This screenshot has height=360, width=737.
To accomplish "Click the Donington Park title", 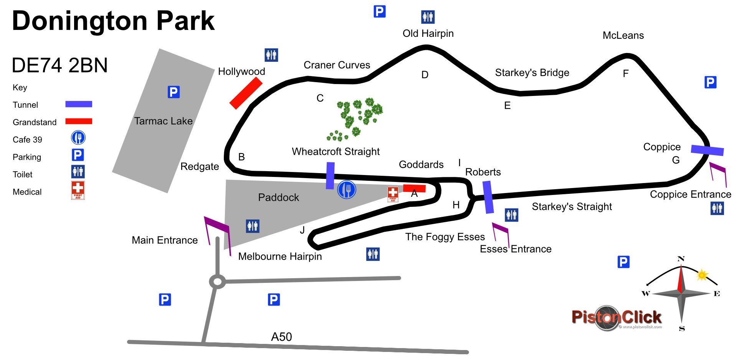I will point(113,21).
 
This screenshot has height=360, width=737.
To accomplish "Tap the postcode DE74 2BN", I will point(60,65).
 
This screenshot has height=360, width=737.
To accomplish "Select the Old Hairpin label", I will point(428,33).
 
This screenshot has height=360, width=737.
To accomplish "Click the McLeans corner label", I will point(623,35).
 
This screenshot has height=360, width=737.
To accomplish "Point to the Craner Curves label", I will point(337,65).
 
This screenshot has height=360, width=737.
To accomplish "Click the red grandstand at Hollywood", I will point(246,93).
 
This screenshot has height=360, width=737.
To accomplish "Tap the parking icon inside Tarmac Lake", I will point(174,92).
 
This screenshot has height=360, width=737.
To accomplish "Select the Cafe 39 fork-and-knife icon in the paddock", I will point(347,190).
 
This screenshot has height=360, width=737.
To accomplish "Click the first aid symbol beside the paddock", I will point(393,194).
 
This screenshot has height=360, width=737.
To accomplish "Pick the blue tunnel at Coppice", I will point(707,150).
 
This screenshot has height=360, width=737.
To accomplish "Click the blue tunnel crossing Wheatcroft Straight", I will point(330,175).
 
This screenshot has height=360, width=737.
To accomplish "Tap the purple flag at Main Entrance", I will point(217,230).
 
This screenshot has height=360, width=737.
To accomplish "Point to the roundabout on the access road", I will point(217,282).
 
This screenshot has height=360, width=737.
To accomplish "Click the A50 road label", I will point(281,337).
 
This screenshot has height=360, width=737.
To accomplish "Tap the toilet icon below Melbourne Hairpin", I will point(373,254).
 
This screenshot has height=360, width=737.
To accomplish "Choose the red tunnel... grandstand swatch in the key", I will point(79,121).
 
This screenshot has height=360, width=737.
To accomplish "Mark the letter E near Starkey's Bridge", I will point(507,106).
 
